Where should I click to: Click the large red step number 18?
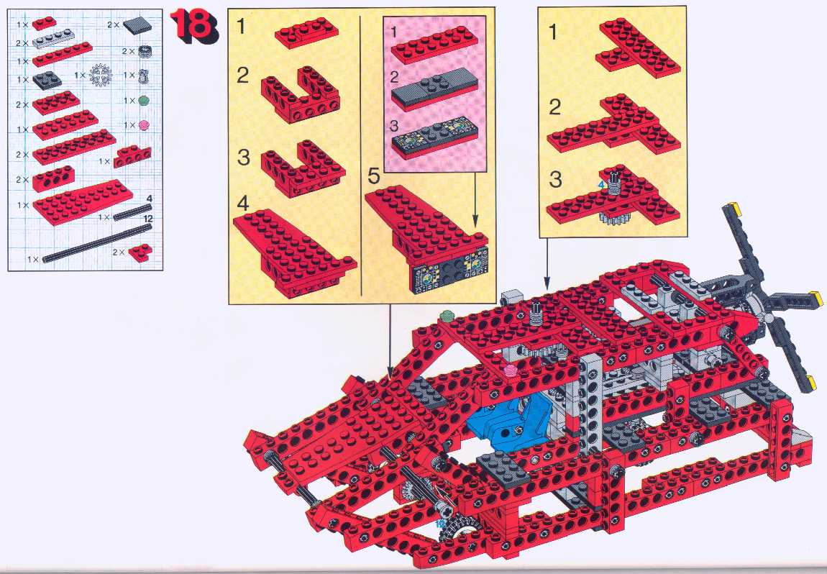pos(193,26)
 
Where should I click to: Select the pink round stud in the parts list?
pos(144,125)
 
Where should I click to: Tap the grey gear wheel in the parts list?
pos(100,76)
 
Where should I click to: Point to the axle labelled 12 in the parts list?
pos(97,242)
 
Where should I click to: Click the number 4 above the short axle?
pos(150,199)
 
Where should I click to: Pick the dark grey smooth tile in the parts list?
pos(137,24)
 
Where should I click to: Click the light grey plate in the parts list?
pos(55,39)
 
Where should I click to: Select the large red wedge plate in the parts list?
pos(82,201)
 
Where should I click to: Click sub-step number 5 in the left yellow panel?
pos(373,176)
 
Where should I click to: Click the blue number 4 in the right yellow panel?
pos(600,185)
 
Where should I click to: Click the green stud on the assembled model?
pos(447,316)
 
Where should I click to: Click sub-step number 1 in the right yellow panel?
pos(553,32)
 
